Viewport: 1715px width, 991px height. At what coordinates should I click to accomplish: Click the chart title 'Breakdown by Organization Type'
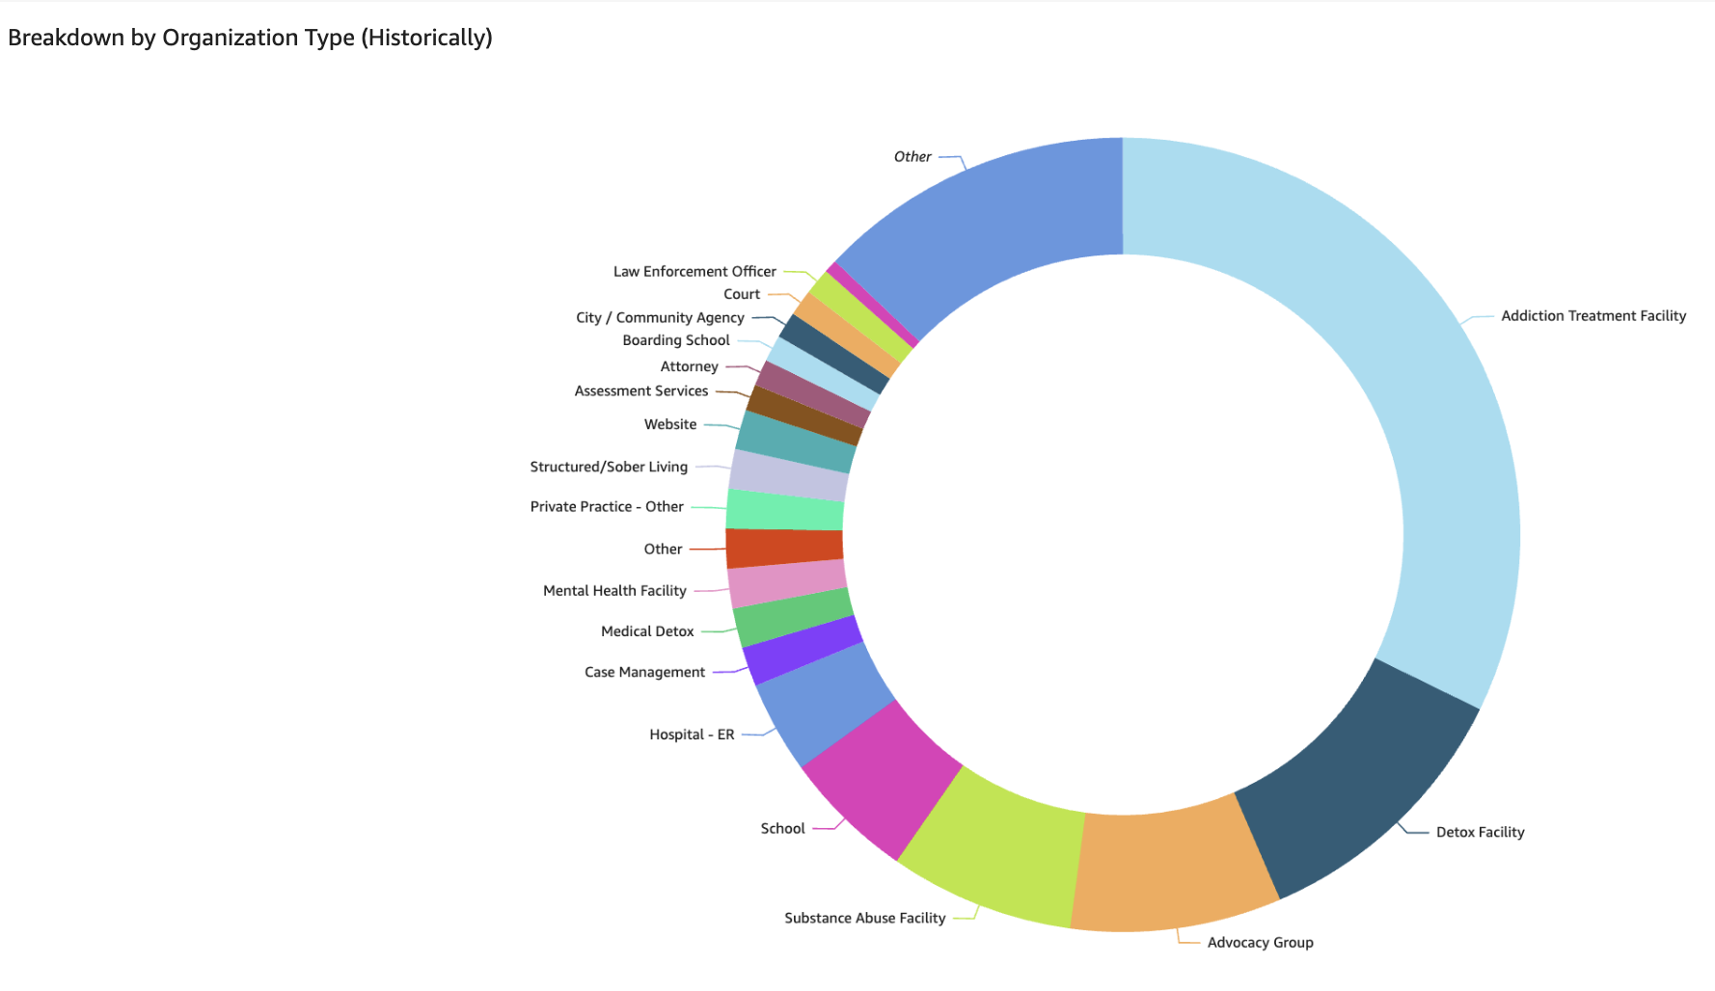[250, 38]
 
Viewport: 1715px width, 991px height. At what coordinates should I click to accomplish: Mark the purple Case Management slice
[801, 651]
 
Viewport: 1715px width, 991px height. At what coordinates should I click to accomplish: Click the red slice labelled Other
[784, 548]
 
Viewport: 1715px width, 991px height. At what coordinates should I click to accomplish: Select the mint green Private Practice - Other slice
[784, 509]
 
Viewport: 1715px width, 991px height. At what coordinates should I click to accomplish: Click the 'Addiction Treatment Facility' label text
[1593, 316]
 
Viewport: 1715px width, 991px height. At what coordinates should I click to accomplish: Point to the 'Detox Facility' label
[1480, 832]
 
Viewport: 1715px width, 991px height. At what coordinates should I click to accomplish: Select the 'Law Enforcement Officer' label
[694, 272]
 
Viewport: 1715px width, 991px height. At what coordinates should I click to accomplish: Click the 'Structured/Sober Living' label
[609, 467]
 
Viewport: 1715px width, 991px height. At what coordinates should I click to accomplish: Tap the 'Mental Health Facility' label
[614, 591]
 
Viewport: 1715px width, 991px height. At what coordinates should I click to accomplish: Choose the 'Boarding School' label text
[676, 340]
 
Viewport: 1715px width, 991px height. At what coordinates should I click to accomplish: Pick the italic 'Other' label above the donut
[912, 157]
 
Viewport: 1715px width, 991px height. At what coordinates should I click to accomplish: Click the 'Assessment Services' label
[641, 391]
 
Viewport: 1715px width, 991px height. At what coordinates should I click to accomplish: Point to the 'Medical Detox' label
[647, 631]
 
